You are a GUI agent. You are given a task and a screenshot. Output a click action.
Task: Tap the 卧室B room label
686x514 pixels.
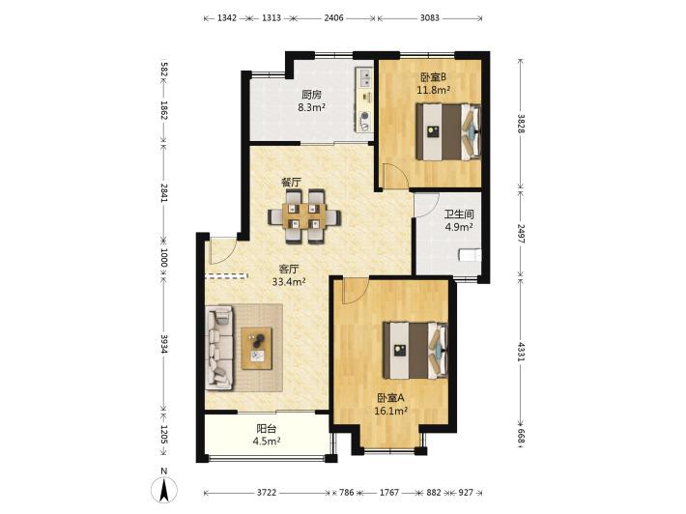(433, 77)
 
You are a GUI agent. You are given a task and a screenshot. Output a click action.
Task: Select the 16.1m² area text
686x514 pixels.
(391, 411)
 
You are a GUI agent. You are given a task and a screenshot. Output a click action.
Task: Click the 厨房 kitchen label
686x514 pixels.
(311, 95)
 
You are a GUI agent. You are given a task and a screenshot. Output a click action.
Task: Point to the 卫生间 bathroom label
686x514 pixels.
(459, 214)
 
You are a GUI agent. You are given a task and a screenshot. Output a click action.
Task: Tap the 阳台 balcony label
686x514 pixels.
(267, 429)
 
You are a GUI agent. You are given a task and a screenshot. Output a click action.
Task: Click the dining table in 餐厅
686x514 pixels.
(304, 216)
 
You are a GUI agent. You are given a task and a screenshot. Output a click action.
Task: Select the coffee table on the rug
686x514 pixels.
(257, 348)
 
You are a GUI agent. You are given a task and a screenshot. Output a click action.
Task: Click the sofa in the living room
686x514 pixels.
(219, 348)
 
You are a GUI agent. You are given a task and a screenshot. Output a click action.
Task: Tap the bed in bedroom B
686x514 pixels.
(448, 131)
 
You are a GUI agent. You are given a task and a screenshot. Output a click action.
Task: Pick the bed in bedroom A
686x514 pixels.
(415, 351)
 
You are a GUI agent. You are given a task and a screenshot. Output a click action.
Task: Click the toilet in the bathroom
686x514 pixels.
(470, 255)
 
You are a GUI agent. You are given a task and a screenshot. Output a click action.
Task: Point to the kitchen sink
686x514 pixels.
(364, 77)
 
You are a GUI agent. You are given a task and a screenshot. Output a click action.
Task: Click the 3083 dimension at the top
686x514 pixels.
(430, 18)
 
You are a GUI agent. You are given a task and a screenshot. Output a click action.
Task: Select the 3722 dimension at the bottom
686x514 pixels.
(267, 493)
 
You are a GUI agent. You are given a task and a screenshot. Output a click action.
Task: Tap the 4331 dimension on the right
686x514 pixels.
(521, 352)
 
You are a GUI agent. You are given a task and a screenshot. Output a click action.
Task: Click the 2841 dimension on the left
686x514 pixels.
(164, 192)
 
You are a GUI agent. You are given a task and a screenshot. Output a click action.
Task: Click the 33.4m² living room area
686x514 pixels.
(289, 282)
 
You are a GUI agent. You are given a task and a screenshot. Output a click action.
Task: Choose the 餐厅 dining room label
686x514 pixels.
(291, 182)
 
